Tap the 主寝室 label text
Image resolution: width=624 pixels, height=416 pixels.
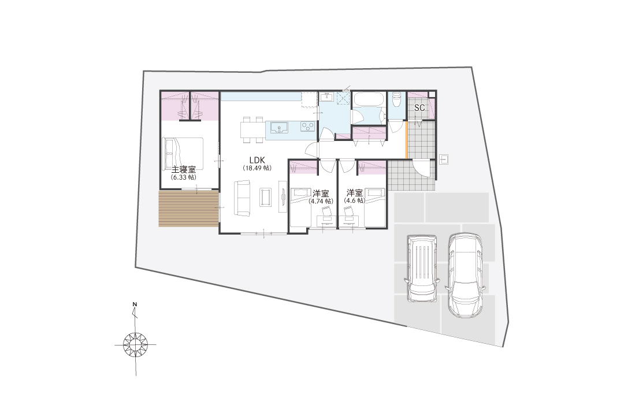pos(184,170)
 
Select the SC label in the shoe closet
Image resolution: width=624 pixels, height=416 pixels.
pos(419,107)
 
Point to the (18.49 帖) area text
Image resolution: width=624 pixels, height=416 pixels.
pos(257,168)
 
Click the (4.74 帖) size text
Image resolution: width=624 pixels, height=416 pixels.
pos(320,201)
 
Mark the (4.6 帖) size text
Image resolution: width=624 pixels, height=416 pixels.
pos(354,201)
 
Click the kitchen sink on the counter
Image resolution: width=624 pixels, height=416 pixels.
pos(280,128)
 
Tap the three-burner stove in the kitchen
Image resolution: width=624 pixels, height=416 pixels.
pos(308,127)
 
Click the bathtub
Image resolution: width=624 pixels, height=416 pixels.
pos(369,99)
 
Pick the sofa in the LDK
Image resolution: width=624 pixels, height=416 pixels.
pos(242,198)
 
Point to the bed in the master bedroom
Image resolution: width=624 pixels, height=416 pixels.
pos(183,154)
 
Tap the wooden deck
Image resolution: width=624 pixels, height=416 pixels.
pos(188,209)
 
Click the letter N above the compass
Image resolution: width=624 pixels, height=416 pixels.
pos(135,305)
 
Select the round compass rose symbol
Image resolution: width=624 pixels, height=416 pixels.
pos(135,344)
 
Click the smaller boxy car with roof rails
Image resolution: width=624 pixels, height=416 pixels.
pos(422,269)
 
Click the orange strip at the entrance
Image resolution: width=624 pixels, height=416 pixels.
pos(406,140)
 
